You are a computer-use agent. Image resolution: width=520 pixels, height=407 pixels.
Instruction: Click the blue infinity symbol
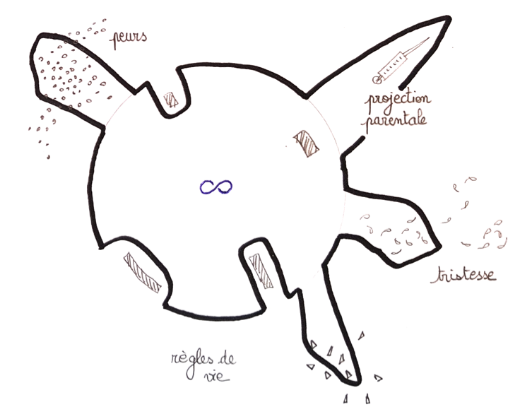[216, 187]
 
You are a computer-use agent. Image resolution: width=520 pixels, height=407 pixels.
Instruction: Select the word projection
[398, 99]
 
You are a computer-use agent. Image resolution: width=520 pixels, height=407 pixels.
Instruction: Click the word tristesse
[463, 276]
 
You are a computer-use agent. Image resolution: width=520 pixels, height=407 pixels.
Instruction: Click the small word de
[227, 359]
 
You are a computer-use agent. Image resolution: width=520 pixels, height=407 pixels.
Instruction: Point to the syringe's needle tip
[429, 38]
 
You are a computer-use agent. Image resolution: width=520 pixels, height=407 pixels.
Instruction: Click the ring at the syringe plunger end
[377, 80]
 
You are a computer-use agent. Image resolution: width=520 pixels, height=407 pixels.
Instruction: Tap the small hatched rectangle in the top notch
[171, 100]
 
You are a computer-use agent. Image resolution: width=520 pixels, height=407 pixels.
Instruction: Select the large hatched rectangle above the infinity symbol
[306, 143]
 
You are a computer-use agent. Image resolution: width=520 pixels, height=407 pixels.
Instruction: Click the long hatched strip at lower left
[142, 273]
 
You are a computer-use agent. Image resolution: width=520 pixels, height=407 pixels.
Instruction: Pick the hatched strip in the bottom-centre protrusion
[261, 271]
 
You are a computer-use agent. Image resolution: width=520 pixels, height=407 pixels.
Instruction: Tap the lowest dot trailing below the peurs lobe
[49, 157]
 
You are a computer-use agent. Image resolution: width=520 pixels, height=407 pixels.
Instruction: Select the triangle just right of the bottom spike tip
[378, 377]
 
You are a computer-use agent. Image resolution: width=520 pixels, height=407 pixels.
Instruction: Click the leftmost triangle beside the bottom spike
[310, 367]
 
